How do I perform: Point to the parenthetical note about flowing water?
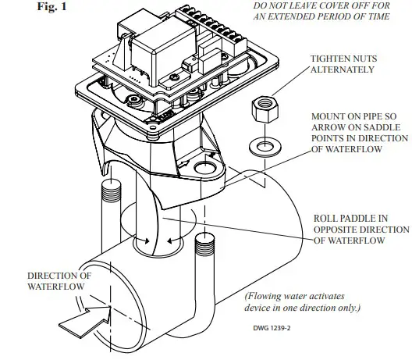pyautogui.click(x=304, y=301)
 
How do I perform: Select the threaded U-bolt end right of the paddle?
pyautogui.click(x=204, y=245)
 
